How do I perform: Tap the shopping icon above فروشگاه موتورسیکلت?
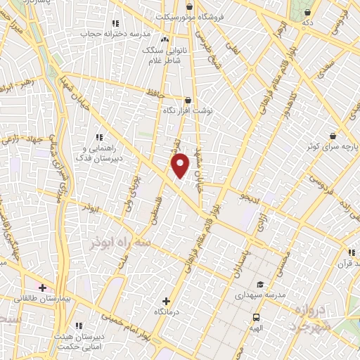(x=189, y=7)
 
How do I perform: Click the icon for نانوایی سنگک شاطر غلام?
(x=166, y=39)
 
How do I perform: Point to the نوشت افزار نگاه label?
(x=188, y=111)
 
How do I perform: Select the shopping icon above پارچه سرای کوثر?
(x=332, y=135)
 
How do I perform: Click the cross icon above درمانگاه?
(x=166, y=300)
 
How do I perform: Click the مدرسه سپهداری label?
(x=259, y=295)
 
